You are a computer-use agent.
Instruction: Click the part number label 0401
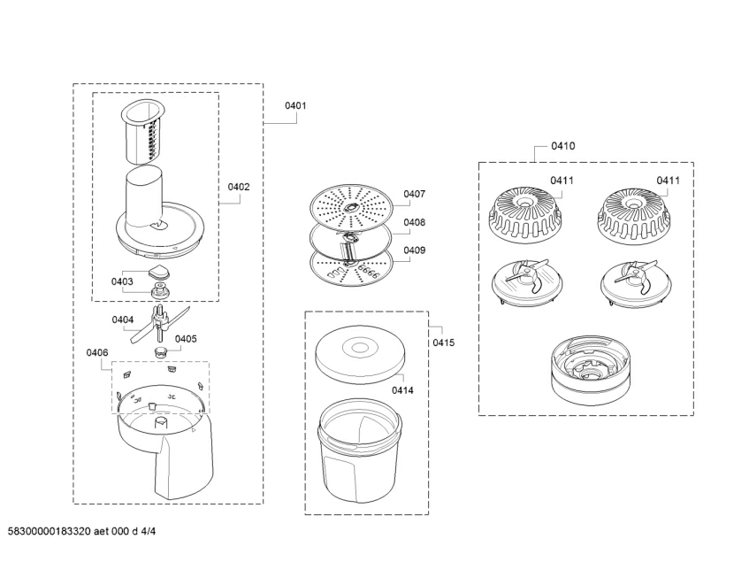click(295, 105)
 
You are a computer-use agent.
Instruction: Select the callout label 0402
click(239, 187)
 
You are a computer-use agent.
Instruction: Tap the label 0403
click(122, 281)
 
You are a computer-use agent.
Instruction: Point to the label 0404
click(122, 319)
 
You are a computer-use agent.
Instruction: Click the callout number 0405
click(186, 338)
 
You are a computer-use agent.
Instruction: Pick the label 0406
click(97, 352)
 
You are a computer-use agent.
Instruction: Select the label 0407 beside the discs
click(415, 194)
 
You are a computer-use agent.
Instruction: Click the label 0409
click(415, 250)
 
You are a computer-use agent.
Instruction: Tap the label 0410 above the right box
click(562, 146)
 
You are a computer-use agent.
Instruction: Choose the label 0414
click(404, 389)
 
